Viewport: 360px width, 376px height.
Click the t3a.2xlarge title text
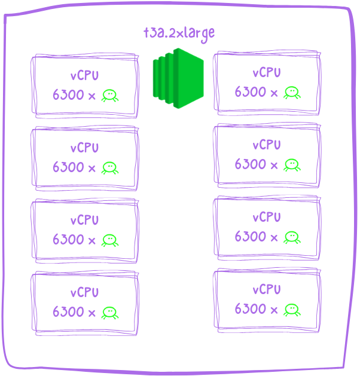(178, 33)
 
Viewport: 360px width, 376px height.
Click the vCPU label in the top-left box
(84, 76)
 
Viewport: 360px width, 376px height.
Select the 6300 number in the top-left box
(68, 95)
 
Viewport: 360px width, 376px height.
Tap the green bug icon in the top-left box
(109, 95)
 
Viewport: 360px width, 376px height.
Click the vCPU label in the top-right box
(266, 73)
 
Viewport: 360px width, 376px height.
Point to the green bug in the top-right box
(292, 92)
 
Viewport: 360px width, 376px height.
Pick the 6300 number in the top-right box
(250, 92)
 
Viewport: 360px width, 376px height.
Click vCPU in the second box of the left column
(84, 148)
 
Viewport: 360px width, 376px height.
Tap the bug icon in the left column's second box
(109, 167)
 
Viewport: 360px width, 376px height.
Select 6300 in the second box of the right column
(250, 164)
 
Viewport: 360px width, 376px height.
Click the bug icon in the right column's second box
(292, 164)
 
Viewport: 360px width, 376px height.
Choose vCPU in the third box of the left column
(84, 221)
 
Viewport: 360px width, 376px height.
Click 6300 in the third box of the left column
(68, 240)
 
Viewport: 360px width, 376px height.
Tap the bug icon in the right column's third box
(292, 237)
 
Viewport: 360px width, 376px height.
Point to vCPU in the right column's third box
(266, 218)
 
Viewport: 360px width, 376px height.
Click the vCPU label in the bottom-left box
(84, 293)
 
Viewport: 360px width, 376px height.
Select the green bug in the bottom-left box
(109, 312)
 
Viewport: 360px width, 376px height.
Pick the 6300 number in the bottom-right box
(250, 309)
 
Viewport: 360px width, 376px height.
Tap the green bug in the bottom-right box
(292, 309)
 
